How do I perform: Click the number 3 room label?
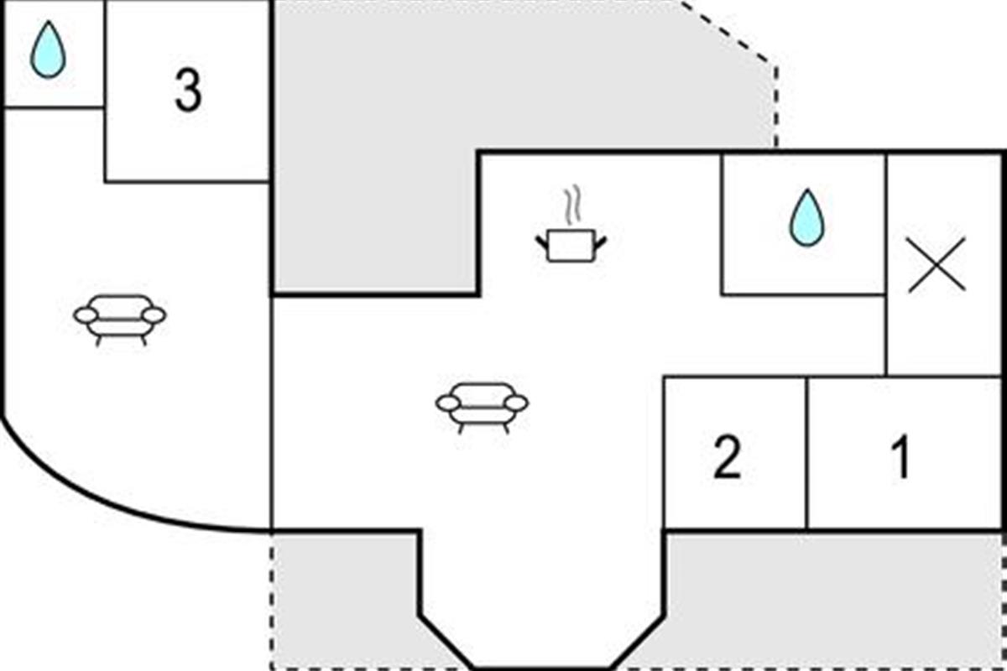pos(188,91)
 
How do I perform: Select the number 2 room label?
pos(727,456)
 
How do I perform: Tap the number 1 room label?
pos(901,456)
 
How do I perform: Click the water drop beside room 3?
pos(48,49)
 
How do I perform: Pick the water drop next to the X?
pos(807,217)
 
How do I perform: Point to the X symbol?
pos(937,265)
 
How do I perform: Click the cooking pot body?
pos(571,246)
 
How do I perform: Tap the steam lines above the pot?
pos(572,205)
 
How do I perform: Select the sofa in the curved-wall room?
pos(119,320)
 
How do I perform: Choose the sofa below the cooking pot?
pos(482,408)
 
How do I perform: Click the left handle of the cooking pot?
pos(542,242)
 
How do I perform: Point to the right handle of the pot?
pos(601,242)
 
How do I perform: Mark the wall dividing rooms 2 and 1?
pos(807,453)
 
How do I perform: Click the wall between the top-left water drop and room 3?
pos(105,54)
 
